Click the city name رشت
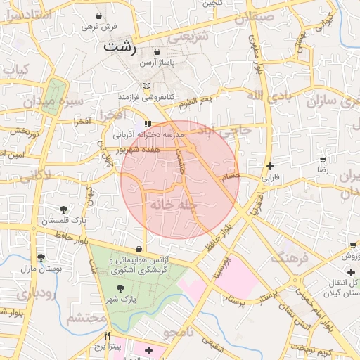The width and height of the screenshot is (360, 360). (120, 47)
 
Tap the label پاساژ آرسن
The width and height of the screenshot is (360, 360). (155, 63)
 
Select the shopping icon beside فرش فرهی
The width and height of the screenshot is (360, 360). (98, 15)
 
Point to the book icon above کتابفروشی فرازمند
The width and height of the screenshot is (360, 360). (146, 85)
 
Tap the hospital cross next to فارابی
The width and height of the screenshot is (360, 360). (270, 166)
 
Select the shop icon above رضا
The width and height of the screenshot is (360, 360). (323, 160)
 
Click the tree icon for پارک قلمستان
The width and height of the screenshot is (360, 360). (64, 210)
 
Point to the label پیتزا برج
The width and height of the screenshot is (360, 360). (108, 347)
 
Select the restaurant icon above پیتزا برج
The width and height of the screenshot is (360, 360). (108, 335)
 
